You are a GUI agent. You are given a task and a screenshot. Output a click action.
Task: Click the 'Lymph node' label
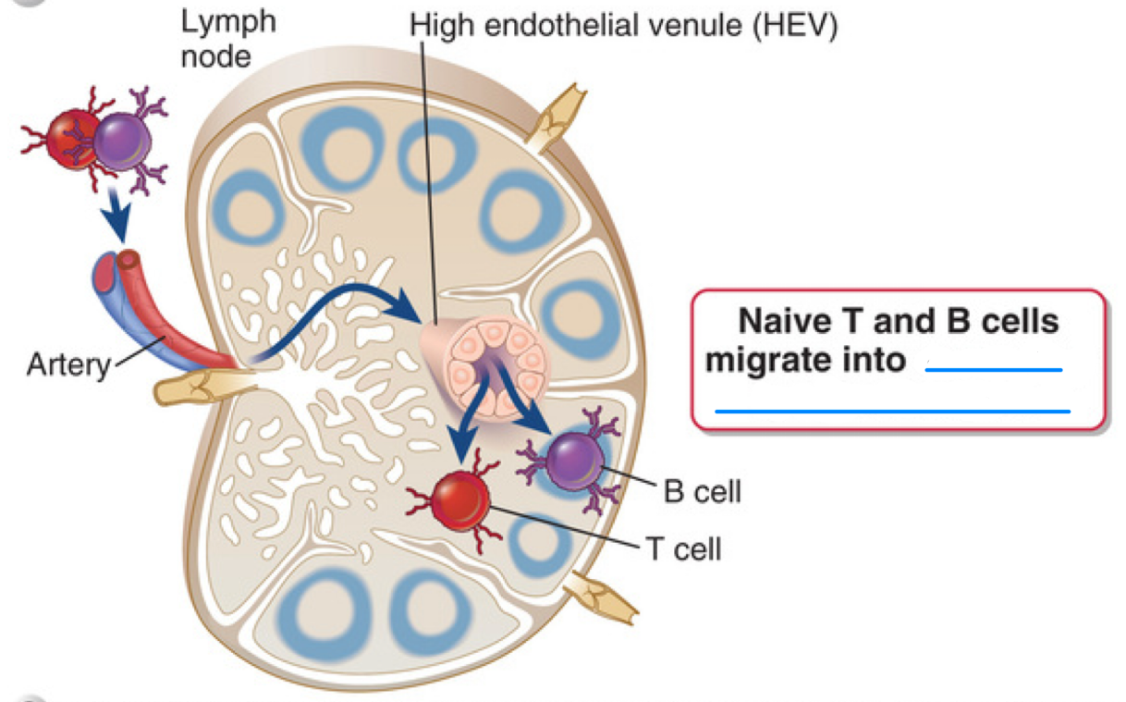pyautogui.click(x=226, y=39)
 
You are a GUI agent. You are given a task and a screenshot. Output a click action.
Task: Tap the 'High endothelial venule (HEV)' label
pyautogui.click(x=624, y=25)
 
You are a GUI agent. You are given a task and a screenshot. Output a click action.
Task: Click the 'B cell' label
pyautogui.click(x=703, y=491)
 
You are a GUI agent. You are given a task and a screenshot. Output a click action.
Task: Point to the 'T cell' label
pyautogui.click(x=683, y=549)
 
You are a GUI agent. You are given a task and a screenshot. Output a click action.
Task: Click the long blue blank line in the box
pyautogui.click(x=892, y=409)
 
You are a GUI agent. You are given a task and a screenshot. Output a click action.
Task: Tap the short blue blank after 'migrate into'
pyautogui.click(x=994, y=369)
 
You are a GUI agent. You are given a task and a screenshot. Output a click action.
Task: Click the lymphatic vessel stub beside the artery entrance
pyautogui.click(x=190, y=390)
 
